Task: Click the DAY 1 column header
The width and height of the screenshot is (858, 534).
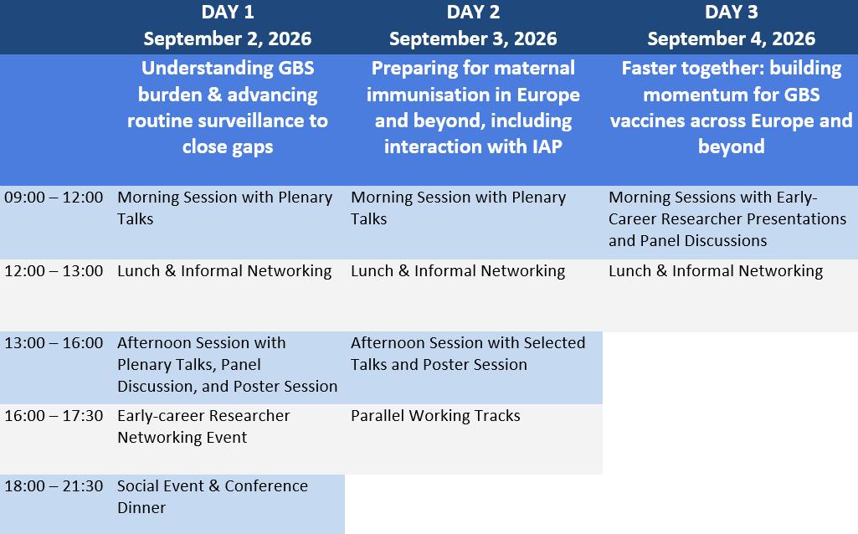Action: coord(228,12)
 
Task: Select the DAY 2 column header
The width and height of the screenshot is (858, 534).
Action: coord(473,12)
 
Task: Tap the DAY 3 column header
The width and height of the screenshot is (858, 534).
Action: coord(732,12)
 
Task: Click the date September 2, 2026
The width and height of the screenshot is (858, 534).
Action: coord(228,39)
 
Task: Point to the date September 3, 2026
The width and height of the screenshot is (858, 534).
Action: coord(473,39)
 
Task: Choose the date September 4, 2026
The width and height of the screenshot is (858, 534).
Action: coord(732,39)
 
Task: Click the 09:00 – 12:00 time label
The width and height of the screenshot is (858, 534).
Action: coord(54,197)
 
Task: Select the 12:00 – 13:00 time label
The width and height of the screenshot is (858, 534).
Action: coord(54,271)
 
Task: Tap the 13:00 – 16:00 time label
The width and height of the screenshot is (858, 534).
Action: coord(54,343)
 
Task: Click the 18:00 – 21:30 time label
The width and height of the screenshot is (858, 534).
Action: coord(54,485)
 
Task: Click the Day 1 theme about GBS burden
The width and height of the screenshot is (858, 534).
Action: coord(228,107)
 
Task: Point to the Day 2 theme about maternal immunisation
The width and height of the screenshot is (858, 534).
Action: coord(473,107)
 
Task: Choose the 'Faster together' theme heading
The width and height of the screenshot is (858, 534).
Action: coord(732,107)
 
